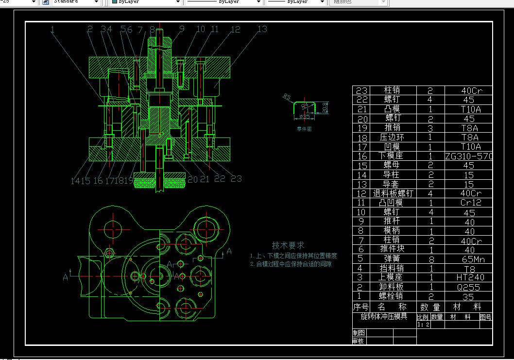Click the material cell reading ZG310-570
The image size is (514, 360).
(x=469, y=156)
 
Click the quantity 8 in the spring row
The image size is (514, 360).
(x=430, y=259)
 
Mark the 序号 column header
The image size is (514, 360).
(x=360, y=307)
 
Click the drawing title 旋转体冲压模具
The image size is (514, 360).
(x=383, y=316)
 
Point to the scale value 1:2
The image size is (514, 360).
(x=424, y=324)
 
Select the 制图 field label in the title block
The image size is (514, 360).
(x=359, y=333)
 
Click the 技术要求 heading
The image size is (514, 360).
(x=288, y=245)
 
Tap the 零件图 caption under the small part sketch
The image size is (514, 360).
(x=304, y=129)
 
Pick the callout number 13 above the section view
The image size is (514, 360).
(x=262, y=29)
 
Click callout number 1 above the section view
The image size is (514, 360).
(x=52, y=29)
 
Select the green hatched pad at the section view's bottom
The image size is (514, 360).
(x=160, y=183)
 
